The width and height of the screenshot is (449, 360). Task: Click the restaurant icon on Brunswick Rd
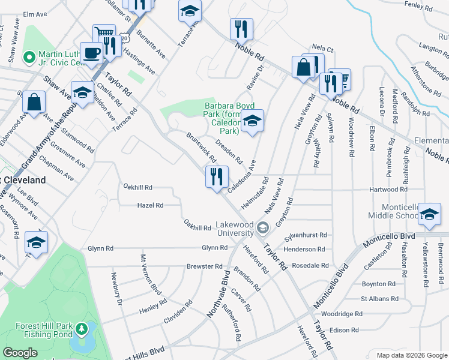(217, 177)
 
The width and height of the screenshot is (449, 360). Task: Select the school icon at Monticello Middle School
(429, 214)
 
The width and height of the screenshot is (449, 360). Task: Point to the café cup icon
(91, 53)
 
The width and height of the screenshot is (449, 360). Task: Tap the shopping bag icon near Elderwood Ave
(34, 103)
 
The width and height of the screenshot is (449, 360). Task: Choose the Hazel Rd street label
(151, 205)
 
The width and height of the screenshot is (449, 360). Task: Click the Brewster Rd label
(200, 266)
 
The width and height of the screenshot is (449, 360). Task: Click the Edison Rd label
(344, 330)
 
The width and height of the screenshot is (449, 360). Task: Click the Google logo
(20, 353)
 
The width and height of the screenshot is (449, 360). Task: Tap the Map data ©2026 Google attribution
(411, 355)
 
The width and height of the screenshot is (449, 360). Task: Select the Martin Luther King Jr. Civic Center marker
(28, 58)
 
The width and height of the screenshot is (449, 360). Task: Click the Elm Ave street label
(35, 13)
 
